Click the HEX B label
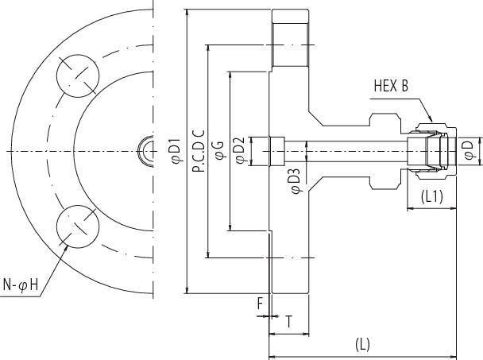[390, 86]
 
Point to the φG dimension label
[219, 151]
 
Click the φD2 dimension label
[239, 151]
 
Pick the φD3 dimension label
[293, 180]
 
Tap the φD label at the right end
[469, 149]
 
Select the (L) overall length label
[362, 345]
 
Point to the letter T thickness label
[288, 322]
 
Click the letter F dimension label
[260, 302]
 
